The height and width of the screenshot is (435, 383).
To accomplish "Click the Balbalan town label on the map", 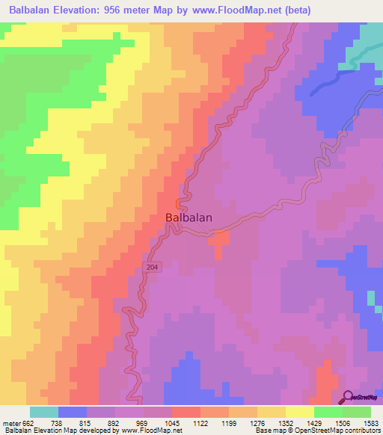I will [x=188, y=217].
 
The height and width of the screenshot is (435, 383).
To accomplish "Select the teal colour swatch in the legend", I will [x=43, y=412].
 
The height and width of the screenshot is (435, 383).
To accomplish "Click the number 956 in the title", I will [x=138, y=10].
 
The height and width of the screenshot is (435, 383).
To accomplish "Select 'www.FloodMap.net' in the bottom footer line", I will [x=153, y=431].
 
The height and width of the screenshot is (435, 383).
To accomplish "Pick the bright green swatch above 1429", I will [x=328, y=412].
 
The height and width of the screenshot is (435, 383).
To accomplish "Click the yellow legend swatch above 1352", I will [x=299, y=412].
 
